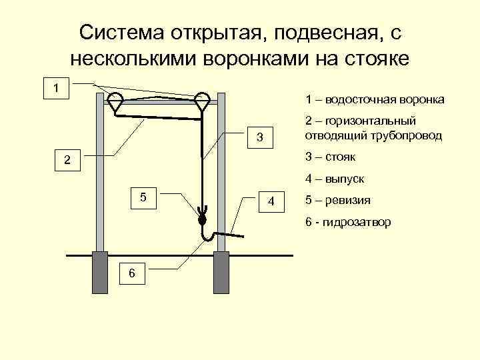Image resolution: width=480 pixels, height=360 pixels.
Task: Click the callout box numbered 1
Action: [x=58, y=88]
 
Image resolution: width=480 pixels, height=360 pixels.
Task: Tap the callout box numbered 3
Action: [x=261, y=137]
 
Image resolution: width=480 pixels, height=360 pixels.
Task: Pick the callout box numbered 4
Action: [x=271, y=200]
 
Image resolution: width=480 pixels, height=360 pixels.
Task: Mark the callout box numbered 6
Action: [x=132, y=273]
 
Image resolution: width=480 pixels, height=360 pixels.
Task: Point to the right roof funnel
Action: [x=202, y=101]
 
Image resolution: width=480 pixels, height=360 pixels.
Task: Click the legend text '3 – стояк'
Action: [x=331, y=157]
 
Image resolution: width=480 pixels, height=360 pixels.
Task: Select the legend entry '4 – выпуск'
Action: [x=335, y=179]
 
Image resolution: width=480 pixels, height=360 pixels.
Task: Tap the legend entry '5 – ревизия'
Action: [x=338, y=200]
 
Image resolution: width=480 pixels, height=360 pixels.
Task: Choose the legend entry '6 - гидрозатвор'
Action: [x=348, y=222]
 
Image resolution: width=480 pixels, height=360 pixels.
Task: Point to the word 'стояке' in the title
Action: [x=376, y=58]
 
